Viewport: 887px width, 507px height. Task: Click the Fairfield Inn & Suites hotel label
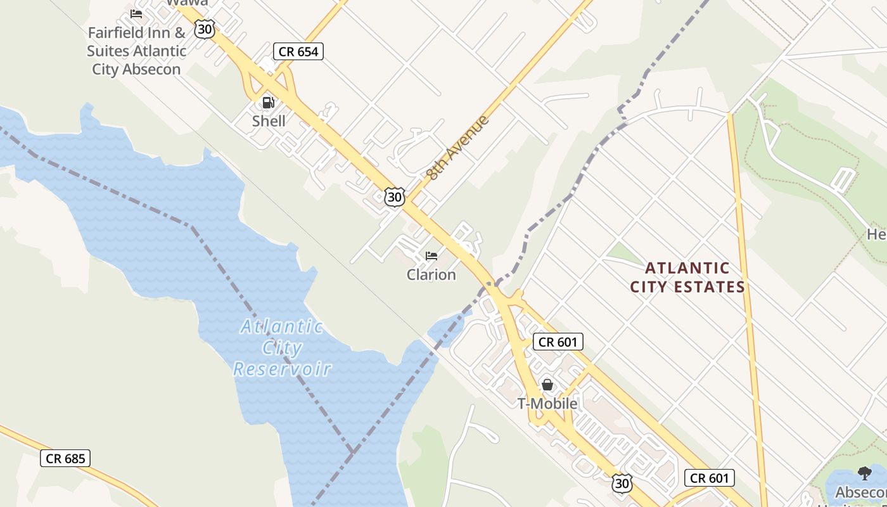[x=136, y=51]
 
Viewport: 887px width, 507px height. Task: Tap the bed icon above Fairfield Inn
[x=136, y=13]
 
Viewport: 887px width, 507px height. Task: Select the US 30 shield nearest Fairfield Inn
[x=204, y=29]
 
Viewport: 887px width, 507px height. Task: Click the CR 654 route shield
[x=298, y=51]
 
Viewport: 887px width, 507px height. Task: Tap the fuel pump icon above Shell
[x=268, y=102]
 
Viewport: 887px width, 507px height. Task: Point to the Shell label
[x=269, y=121]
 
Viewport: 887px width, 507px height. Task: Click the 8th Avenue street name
[x=458, y=148]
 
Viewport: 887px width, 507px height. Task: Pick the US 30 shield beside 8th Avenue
[x=394, y=197]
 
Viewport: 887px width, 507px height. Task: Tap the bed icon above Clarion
[x=431, y=256]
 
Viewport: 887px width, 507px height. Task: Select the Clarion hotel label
[x=431, y=274]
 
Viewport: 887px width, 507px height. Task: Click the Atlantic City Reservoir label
[x=282, y=347]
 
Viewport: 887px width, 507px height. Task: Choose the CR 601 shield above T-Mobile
[x=558, y=342]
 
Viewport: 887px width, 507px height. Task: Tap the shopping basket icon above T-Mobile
[x=547, y=385]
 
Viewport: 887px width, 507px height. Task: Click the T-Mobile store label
[x=547, y=404]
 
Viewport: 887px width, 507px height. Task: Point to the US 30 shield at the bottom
[x=622, y=483]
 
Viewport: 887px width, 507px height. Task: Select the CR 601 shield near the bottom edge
[x=710, y=478]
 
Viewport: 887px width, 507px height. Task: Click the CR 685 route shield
[x=65, y=458]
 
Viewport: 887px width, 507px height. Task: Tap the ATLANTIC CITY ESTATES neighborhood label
[x=687, y=278]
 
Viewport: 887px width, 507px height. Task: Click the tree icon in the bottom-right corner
[x=864, y=473]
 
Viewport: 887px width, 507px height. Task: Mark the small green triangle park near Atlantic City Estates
[x=624, y=253]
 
